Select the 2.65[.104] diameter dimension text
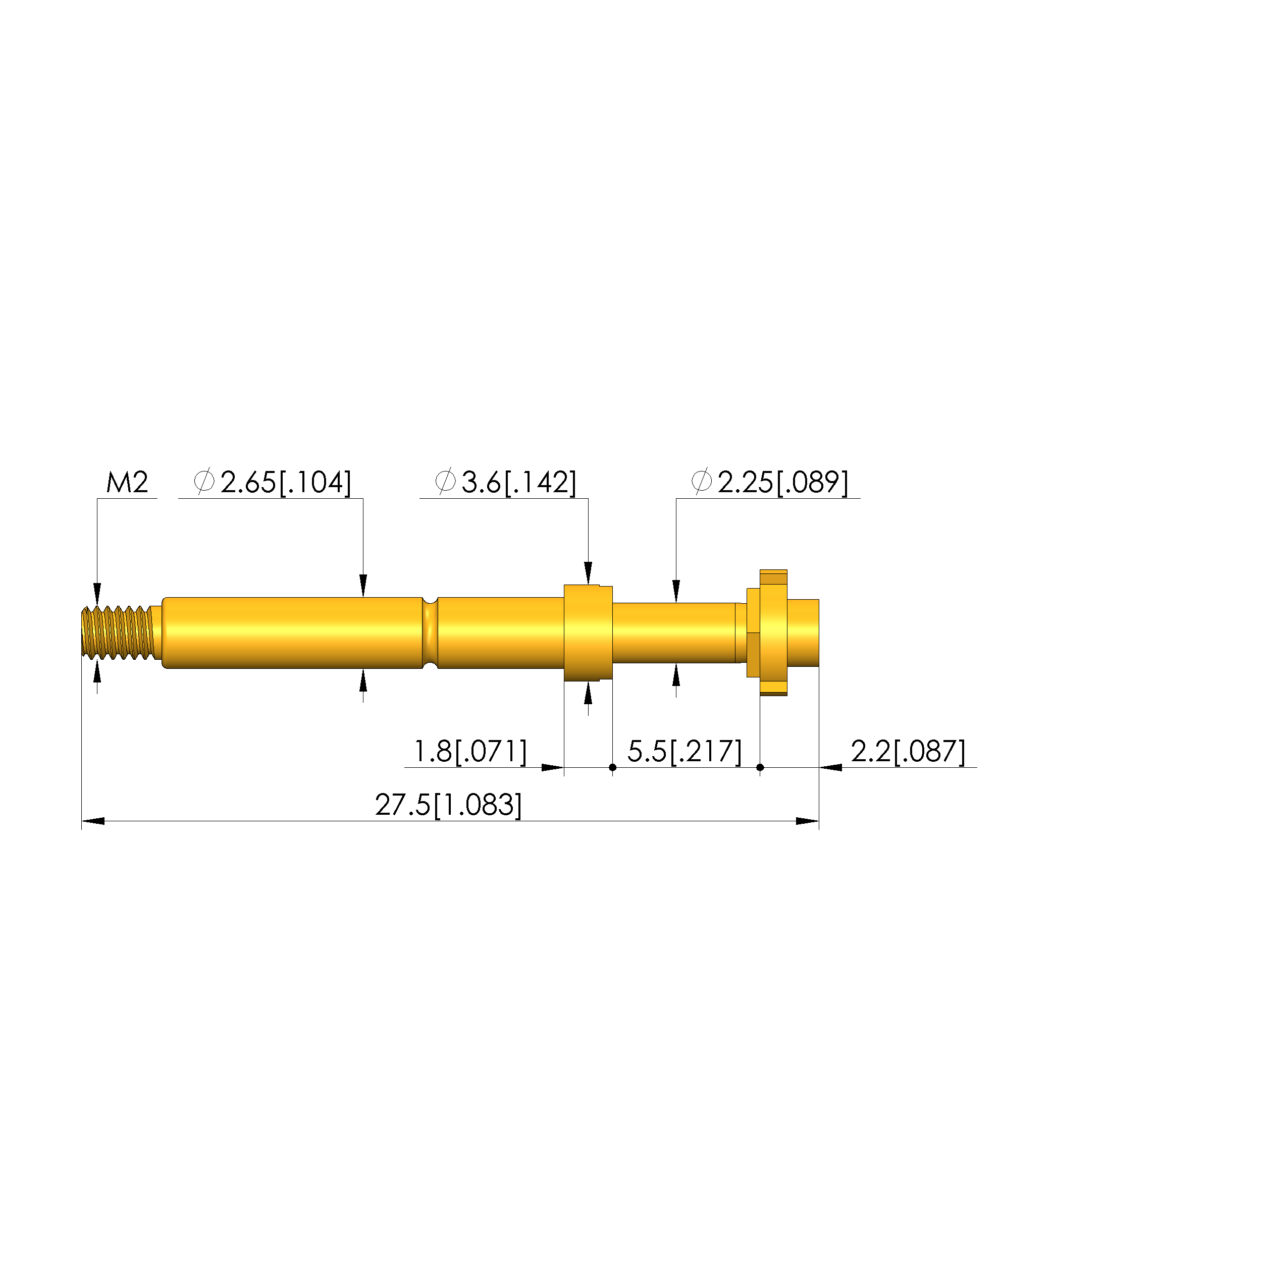pos(286,483)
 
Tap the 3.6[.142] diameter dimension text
pos(519,483)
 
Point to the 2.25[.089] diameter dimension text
pos(782,483)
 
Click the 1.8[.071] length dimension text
pos(470,752)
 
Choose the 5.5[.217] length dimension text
pos(684,752)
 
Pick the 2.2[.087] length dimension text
pos(908,752)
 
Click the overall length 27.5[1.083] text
pos(449,805)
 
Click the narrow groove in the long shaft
pos(430,633)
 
